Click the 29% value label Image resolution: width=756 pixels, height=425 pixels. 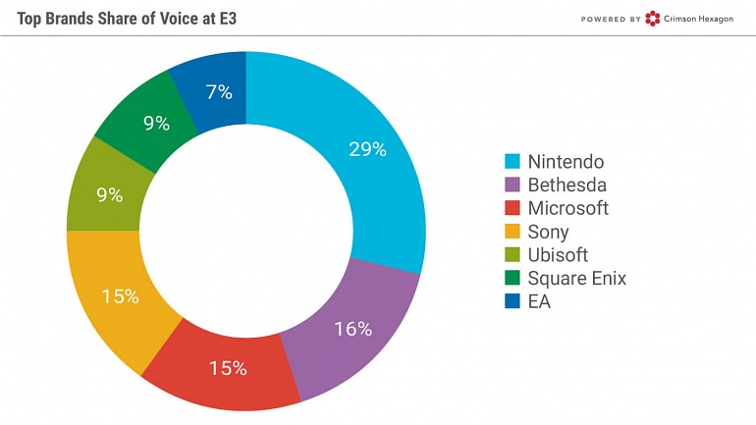[367, 150]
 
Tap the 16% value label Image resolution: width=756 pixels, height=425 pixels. [352, 329]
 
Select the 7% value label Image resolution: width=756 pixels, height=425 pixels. [219, 93]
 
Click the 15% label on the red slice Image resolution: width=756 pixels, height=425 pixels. [228, 369]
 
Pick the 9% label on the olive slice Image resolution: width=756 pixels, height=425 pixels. [110, 195]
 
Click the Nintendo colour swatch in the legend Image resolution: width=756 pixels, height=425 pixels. [512, 162]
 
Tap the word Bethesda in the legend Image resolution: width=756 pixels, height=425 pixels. [567, 185]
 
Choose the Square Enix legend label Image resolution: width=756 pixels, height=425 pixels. [576, 279]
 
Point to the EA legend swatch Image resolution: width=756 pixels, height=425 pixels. [512, 302]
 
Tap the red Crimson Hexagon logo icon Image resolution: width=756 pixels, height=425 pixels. [653, 18]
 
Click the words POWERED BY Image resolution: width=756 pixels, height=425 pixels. [610, 19]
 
